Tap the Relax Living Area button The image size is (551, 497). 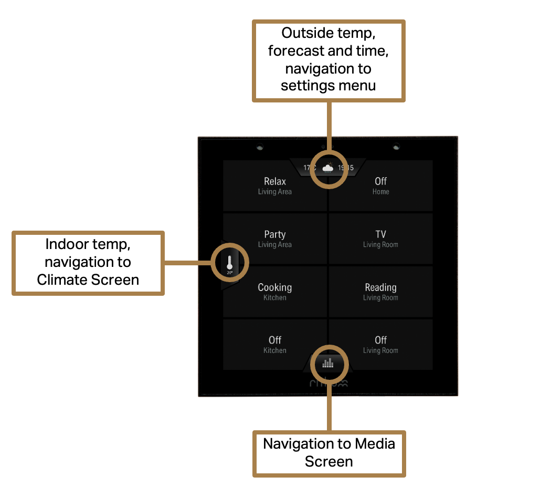[274, 186]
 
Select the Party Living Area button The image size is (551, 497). [274, 239]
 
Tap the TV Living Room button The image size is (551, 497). [380, 239]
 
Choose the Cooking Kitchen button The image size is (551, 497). [274, 292]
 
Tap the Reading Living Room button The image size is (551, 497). [380, 292]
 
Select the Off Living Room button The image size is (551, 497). [380, 345]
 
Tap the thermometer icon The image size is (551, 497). [229, 261]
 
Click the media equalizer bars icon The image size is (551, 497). [328, 363]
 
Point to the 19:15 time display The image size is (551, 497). [345, 168]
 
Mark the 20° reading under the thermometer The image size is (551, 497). [229, 273]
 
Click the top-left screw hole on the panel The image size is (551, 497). [260, 147]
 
